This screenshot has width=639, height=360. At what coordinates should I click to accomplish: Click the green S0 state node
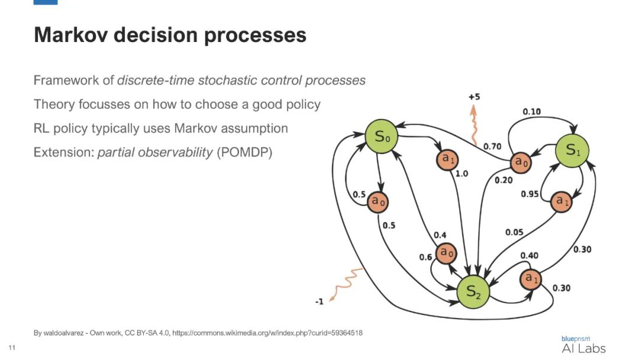pyautogui.click(x=380, y=137)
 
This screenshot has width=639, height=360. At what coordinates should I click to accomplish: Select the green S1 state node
pyautogui.click(x=572, y=150)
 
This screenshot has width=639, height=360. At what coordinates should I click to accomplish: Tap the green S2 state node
pyautogui.click(x=475, y=292)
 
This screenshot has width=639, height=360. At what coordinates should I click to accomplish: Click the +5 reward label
pyautogui.click(x=473, y=97)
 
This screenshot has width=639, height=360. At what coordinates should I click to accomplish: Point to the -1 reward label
pyautogui.click(x=318, y=301)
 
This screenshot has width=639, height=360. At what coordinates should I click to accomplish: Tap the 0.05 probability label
pyautogui.click(x=514, y=232)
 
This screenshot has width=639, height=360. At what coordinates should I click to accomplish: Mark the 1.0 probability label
pyautogui.click(x=462, y=174)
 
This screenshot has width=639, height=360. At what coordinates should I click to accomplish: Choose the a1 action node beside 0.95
pyautogui.click(x=561, y=201)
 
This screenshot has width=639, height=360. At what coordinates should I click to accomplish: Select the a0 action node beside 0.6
pyautogui.click(x=446, y=254)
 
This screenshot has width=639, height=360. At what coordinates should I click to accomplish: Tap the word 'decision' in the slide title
pyautogui.click(x=151, y=35)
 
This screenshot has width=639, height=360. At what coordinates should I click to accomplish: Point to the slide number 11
pyautogui.click(x=12, y=346)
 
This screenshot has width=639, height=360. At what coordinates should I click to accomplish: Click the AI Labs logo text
pyautogui.click(x=583, y=348)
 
